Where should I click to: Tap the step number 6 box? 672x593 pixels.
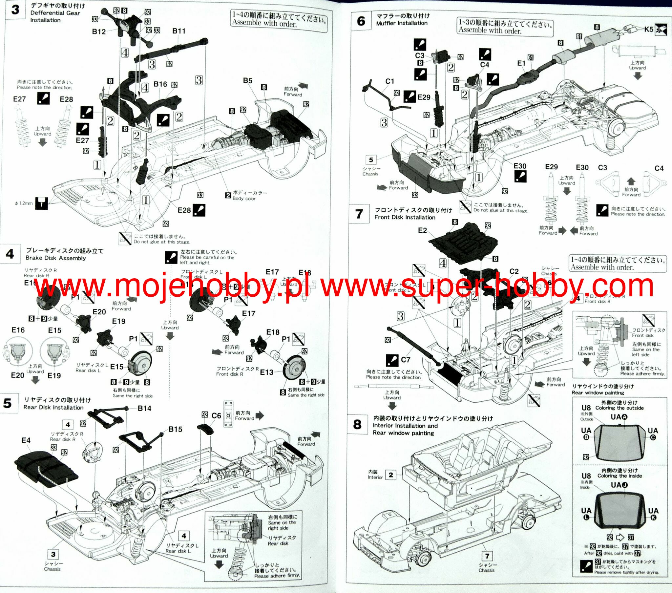click(361, 21)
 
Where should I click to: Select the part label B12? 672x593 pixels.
click(99, 32)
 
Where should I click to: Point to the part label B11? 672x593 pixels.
click(179, 31)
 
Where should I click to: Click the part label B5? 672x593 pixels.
click(247, 81)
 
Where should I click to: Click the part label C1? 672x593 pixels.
click(389, 81)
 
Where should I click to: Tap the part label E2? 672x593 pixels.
click(423, 230)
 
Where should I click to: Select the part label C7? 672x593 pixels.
click(406, 360)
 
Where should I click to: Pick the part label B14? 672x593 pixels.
click(144, 409)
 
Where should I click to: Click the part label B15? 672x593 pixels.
click(175, 429)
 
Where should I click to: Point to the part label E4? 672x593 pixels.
click(26, 440)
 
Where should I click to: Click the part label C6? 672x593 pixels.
click(216, 416)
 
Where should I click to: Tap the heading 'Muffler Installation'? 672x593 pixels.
click(402, 23)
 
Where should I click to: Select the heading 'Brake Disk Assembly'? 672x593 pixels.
click(55, 258)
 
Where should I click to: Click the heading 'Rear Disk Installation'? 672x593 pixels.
click(53, 408)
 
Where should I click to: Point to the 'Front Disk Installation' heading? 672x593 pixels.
click(405, 217)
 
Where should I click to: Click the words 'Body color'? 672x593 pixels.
click(243, 198)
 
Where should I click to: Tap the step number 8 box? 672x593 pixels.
click(357, 424)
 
